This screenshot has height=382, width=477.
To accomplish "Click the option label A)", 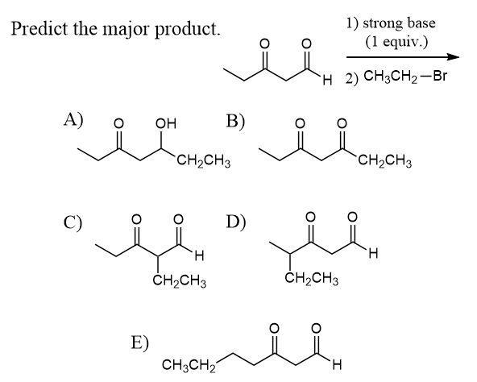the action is (x=73, y=119).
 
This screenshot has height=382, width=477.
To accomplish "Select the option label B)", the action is (x=235, y=122).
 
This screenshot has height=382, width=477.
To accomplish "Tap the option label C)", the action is (x=73, y=222).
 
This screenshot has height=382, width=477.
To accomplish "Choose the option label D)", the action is (x=236, y=222).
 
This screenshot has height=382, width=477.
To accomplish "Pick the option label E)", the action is (x=140, y=343).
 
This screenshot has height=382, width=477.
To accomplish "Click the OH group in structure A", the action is (x=166, y=124).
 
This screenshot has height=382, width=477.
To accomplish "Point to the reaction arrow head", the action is (x=453, y=57).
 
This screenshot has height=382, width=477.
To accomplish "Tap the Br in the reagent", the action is (x=440, y=76).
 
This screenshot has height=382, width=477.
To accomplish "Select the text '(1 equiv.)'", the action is (x=396, y=41).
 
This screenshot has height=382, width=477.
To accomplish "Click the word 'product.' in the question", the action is (x=187, y=30).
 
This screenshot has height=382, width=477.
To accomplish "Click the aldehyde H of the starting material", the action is (x=327, y=81).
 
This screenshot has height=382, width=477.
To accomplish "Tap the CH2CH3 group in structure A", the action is (x=204, y=161).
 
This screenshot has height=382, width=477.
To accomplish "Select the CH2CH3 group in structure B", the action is (x=385, y=160).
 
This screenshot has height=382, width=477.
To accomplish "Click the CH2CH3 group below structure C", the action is (x=180, y=280).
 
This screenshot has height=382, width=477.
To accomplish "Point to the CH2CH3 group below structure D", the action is (x=312, y=278).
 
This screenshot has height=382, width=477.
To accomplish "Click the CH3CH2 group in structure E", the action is (x=189, y=364).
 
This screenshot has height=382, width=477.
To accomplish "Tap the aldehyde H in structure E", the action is (x=338, y=364).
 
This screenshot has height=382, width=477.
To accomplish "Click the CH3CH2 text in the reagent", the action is (x=390, y=77).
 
